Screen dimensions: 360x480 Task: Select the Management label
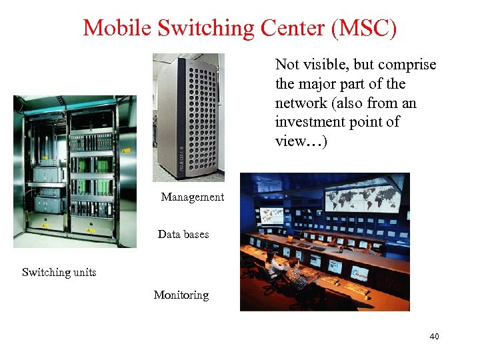click(192, 197)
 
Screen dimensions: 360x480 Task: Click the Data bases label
click(183, 234)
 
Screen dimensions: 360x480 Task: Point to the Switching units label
click(59, 272)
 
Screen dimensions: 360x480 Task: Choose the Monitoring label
click(181, 295)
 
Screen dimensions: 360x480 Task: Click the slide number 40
click(434, 337)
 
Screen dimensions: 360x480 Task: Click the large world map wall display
click(363, 197)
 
